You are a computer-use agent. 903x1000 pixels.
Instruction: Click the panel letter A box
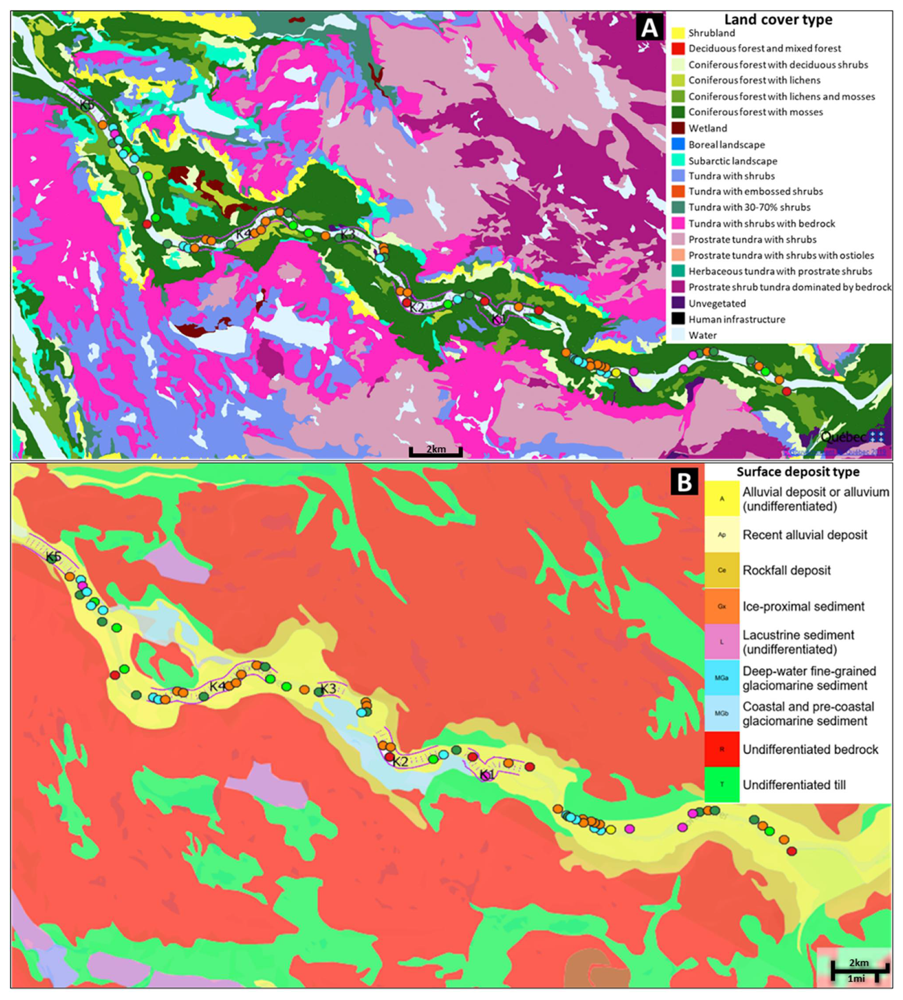[x=649, y=28]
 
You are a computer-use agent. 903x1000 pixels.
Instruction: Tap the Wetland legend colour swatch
[x=678, y=128]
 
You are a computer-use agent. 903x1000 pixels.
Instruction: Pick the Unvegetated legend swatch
[x=678, y=303]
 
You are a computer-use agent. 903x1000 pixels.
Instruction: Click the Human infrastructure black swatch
[x=678, y=319]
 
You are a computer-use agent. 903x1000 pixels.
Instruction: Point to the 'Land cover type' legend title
[x=778, y=20]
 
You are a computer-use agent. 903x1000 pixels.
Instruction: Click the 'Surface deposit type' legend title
[x=798, y=472]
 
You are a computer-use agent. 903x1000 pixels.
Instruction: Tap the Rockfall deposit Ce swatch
[x=722, y=570]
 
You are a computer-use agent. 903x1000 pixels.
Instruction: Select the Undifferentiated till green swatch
[x=722, y=784]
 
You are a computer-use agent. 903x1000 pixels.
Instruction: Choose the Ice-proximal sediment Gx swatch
[x=722, y=606]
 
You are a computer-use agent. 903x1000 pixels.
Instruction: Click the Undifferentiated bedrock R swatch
[x=722, y=749]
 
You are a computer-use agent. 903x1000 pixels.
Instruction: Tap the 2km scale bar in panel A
[x=436, y=450]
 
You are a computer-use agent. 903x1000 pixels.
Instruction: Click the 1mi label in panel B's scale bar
[x=856, y=979]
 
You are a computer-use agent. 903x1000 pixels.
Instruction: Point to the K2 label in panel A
[x=417, y=307]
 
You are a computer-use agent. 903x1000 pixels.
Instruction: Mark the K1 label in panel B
[x=487, y=775]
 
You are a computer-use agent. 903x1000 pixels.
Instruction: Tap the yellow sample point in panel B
[x=611, y=829]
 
